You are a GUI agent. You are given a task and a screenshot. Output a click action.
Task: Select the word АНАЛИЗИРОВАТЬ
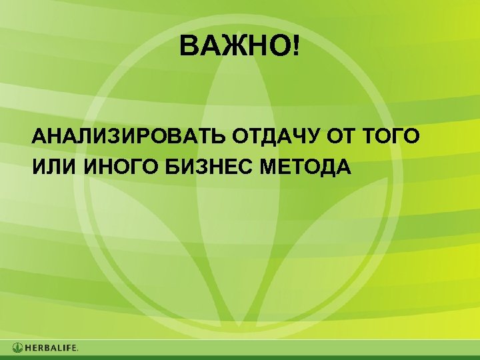(x=129, y=138)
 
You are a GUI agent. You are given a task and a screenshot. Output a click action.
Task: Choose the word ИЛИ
(x=55, y=166)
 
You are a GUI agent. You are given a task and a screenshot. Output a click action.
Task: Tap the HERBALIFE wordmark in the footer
(x=52, y=348)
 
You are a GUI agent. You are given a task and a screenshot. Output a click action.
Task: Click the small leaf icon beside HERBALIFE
(x=17, y=348)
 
